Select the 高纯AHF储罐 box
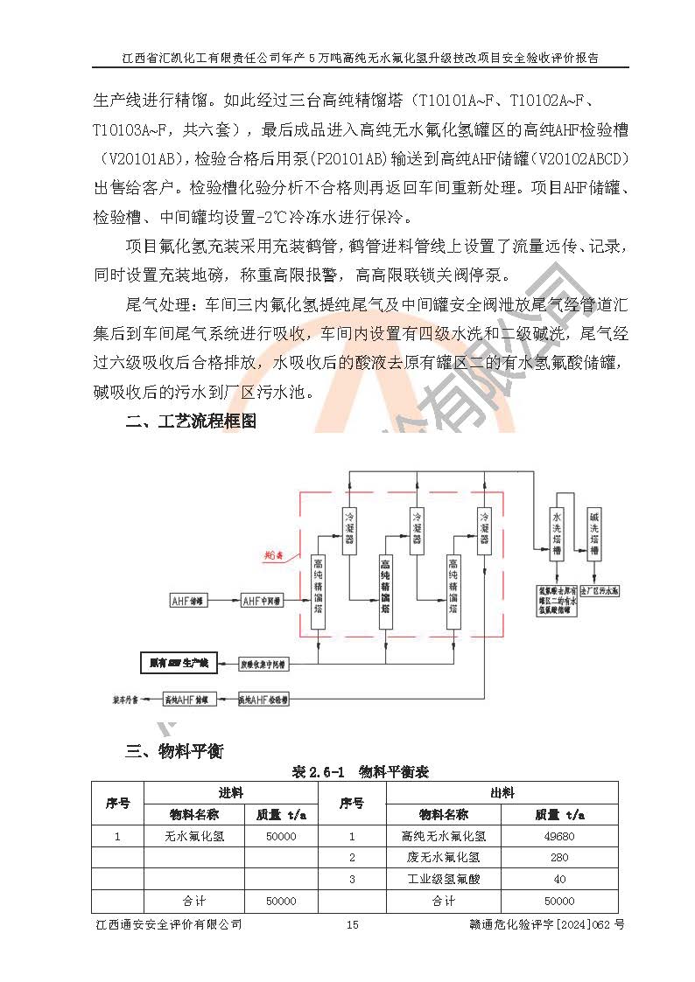point(189,700)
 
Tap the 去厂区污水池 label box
point(600,591)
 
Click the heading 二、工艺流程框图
point(191,421)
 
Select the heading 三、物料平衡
point(175,751)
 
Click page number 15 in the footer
point(353,924)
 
